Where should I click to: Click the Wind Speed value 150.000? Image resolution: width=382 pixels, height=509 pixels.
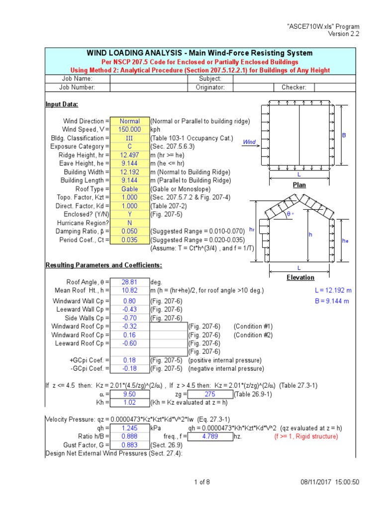tap(129, 130)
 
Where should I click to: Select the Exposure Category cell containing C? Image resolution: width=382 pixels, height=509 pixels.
tap(129, 147)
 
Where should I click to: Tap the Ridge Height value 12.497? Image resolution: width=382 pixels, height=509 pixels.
tap(129, 155)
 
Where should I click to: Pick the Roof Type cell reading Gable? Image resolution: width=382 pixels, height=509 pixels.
tap(129, 189)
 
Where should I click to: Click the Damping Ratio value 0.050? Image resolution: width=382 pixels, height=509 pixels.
tap(129, 231)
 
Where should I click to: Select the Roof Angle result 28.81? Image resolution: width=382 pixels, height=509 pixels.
tap(129, 282)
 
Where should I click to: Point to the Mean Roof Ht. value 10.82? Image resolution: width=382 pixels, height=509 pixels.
tap(129, 290)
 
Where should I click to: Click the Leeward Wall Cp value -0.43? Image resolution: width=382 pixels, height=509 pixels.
tap(129, 310)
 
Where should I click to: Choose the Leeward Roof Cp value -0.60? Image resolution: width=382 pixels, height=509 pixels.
tap(129, 343)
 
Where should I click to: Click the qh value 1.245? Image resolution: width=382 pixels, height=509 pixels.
tap(129, 428)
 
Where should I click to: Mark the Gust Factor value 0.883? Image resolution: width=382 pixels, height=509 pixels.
tap(129, 445)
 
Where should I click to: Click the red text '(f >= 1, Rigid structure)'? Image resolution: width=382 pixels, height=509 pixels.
tap(306, 436)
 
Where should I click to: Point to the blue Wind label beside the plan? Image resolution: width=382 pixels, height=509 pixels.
tap(249, 142)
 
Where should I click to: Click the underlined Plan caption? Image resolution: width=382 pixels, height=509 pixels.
tap(299, 185)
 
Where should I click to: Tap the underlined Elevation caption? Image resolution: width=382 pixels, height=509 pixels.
tap(300, 277)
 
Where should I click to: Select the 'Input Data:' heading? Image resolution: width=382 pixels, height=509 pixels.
tap(62, 104)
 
